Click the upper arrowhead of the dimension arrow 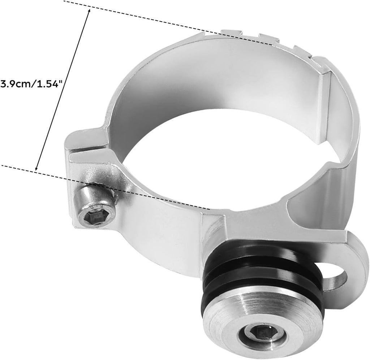[89, 11]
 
